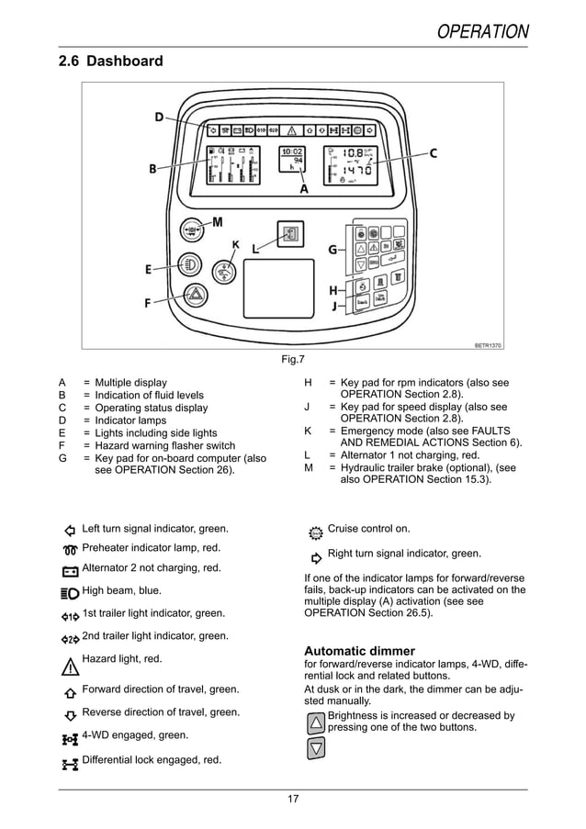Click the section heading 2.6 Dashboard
coord(110,62)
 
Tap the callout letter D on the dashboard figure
coord(159,117)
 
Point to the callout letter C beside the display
coord(433,153)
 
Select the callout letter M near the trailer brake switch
coord(218,222)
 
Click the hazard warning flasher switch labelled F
coord(196,295)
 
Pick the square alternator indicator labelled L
coord(290,233)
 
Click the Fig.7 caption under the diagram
coord(292,359)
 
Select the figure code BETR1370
coord(489,345)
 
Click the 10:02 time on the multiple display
coord(291,151)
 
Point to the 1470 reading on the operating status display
coord(357,171)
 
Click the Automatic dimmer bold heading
coord(359,651)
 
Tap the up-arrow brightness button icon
coord(315,723)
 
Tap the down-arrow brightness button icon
coord(315,747)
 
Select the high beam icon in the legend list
coord(70,592)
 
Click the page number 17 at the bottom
coord(292,799)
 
